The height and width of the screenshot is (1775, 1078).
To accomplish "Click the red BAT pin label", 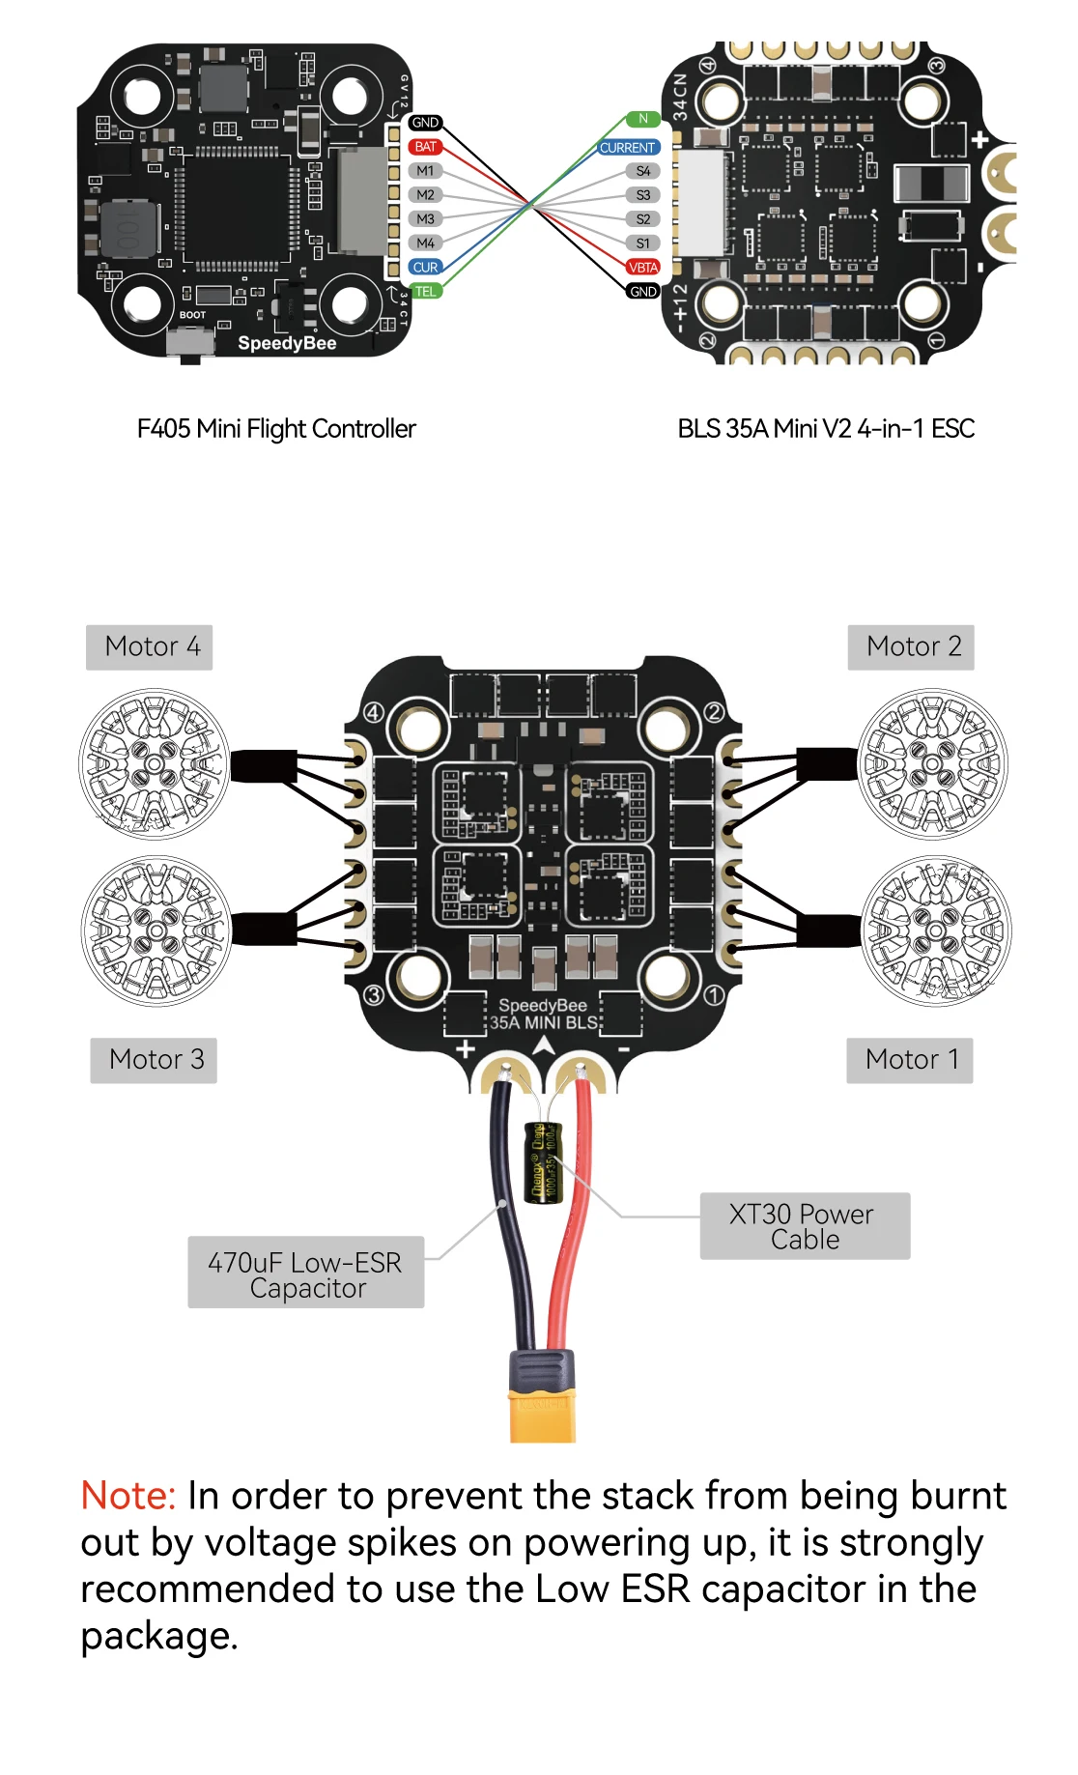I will pyautogui.click(x=425, y=147).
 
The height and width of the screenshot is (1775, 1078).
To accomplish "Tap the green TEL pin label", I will pyautogui.click(x=425, y=292).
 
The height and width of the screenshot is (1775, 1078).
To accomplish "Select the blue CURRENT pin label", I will pyautogui.click(x=628, y=148).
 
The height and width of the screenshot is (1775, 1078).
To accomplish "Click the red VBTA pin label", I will pyautogui.click(x=643, y=268).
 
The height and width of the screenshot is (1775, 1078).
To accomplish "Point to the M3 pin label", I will pyautogui.click(x=425, y=219).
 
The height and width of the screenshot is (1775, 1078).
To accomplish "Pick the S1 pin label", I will pyautogui.click(x=643, y=243).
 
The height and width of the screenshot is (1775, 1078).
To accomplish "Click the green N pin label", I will pyautogui.click(x=643, y=119).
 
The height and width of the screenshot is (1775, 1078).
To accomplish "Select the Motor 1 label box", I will pyautogui.click(x=910, y=1060).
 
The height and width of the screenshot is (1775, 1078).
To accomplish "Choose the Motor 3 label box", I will pyautogui.click(x=154, y=1060).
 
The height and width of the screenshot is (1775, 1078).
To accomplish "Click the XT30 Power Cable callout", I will pyautogui.click(x=804, y=1226).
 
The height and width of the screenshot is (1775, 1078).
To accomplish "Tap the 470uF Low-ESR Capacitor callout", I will pyautogui.click(x=305, y=1274).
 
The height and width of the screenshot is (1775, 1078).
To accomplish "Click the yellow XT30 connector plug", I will pyautogui.click(x=543, y=1411).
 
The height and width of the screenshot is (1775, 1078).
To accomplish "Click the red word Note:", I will pyautogui.click(x=128, y=1496).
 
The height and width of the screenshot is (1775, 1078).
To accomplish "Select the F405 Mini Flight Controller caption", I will pyautogui.click(x=276, y=429).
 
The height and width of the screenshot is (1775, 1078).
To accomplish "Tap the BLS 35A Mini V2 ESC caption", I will pyautogui.click(x=826, y=429).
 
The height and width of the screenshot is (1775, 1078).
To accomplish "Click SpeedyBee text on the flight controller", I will pyautogui.click(x=287, y=344).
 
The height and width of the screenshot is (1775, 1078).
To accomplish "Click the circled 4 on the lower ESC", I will pyautogui.click(x=373, y=713).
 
